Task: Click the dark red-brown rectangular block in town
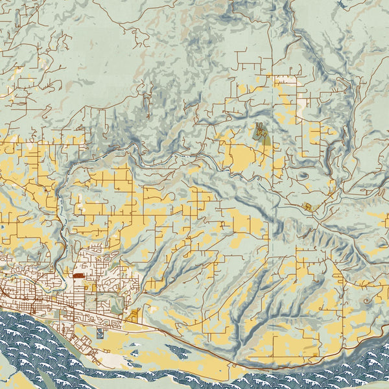(x=79, y=276)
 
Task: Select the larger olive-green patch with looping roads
(x=262, y=134)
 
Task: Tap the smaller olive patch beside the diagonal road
(x=308, y=206)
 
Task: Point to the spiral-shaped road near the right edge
(x=370, y=301)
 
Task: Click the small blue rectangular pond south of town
(x=99, y=333)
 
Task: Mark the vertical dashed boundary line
(x=273, y=39)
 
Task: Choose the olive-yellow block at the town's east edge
(x=135, y=316)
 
